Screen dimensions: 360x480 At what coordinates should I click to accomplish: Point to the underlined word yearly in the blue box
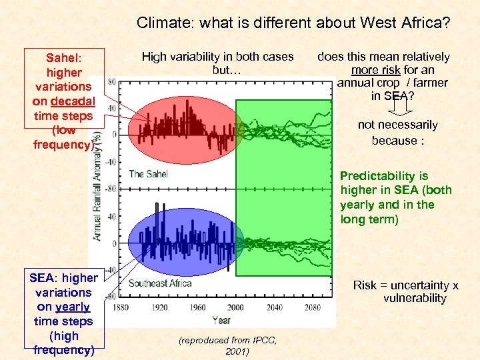(x=73, y=307)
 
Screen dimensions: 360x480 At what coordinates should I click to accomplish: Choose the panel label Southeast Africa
(x=160, y=283)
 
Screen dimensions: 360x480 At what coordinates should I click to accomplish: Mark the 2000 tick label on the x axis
(x=237, y=308)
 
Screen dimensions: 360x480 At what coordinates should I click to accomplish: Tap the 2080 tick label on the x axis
(x=312, y=308)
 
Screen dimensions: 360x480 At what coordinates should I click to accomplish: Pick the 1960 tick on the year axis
(x=199, y=308)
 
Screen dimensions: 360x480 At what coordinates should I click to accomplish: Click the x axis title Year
(x=221, y=320)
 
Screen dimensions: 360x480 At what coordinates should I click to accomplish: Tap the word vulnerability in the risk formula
(x=414, y=298)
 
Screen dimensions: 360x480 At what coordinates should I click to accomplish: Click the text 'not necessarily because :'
(x=397, y=132)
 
